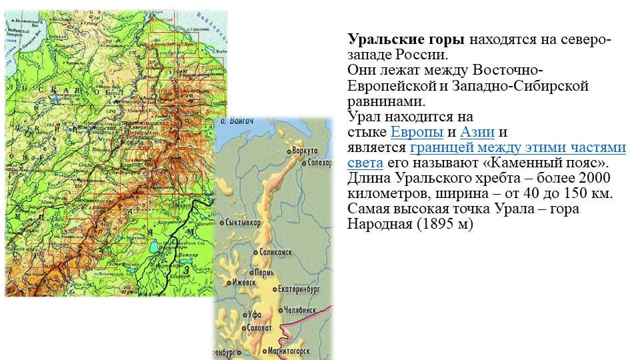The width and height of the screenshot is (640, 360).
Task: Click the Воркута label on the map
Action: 305,151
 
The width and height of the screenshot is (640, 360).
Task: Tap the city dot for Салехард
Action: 303,163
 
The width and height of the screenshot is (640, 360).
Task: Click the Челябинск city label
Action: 301,310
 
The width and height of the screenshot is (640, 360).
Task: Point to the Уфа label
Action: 252,314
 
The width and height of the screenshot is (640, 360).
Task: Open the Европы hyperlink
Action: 417,132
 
